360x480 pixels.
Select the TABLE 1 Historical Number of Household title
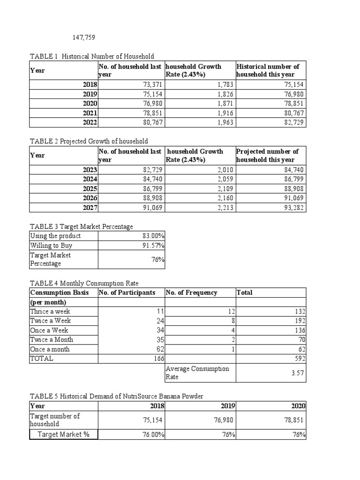[x=92, y=56]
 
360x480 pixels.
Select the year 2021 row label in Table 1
[x=90, y=113]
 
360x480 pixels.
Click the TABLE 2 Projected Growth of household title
[x=89, y=141]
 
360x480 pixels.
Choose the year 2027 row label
[x=90, y=207]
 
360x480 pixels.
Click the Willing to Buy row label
[x=51, y=245]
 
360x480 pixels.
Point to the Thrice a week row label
[x=51, y=311]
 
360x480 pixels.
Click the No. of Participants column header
[x=127, y=292]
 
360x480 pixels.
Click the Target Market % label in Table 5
[x=63, y=435]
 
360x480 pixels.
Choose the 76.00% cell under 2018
[x=153, y=435]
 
